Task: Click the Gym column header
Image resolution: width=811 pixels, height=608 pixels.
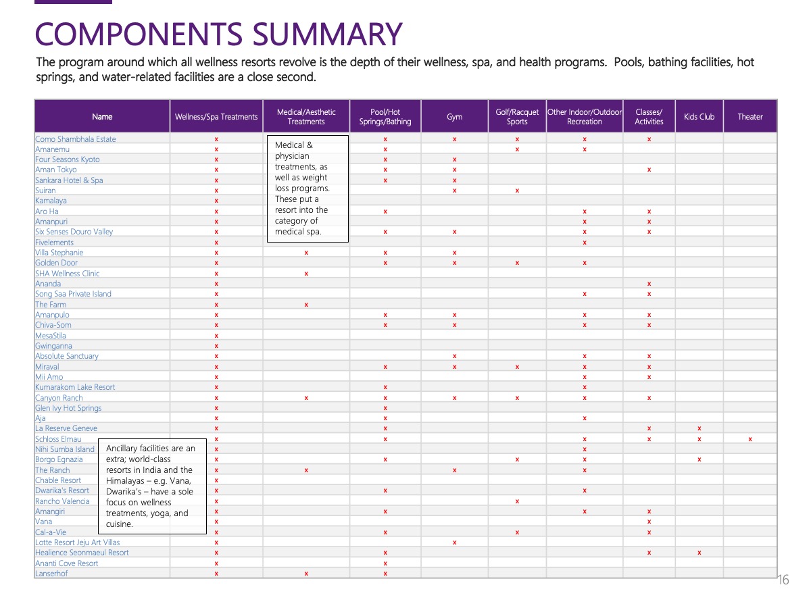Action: pos(454,117)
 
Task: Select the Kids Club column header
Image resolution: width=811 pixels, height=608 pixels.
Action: pos(699,117)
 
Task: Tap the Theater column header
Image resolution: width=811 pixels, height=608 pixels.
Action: pos(749,117)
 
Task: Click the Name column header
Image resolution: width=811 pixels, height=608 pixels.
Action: pos(102,117)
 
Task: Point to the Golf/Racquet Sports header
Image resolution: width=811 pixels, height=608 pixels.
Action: pos(517,117)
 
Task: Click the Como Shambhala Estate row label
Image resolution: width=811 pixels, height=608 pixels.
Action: pos(76,139)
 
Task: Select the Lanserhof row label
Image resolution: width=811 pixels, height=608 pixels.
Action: pos(51,574)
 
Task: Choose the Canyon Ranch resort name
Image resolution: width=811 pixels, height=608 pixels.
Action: pos(59,398)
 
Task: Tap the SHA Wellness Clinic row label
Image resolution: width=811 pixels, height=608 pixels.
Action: pos(67,273)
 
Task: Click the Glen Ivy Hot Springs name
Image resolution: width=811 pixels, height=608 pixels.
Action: pos(68,408)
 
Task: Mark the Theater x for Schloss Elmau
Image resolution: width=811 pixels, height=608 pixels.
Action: pos(750,439)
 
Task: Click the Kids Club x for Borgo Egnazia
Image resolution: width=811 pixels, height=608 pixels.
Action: pos(699,459)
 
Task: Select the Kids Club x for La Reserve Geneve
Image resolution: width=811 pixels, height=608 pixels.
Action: pos(699,428)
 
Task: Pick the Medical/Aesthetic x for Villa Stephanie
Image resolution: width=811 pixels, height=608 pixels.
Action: pos(306,253)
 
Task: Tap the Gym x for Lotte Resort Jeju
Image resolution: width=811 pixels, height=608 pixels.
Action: pos(454,542)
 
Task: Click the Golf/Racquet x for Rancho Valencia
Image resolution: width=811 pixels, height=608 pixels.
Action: pos(517,501)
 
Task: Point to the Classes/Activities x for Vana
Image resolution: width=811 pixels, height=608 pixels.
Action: pos(649,522)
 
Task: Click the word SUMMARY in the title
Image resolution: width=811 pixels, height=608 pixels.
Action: pos(327,34)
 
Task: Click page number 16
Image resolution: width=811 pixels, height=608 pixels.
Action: pos(783,580)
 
